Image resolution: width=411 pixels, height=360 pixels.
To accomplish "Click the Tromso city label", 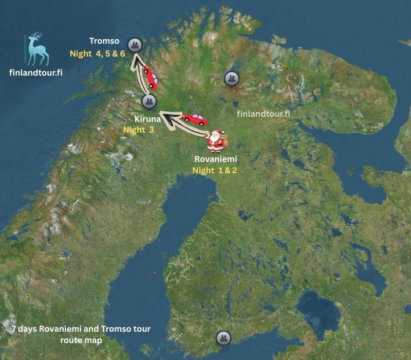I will point(104,41).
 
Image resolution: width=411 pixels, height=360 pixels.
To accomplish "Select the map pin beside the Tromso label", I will point(135,46).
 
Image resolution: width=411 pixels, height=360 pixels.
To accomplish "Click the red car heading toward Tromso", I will point(150,77).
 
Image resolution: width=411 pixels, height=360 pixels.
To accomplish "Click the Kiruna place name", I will point(148,119).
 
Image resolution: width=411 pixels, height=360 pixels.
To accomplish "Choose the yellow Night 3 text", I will point(139,130).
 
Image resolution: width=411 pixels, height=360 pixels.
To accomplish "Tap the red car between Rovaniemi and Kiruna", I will point(194,120).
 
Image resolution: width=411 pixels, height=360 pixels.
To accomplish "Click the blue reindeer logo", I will point(38,49).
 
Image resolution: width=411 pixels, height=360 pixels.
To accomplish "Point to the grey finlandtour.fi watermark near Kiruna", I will point(263,114).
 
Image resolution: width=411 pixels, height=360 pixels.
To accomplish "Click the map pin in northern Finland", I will point(232,79).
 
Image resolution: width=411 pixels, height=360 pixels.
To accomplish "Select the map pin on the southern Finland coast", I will point(222,338).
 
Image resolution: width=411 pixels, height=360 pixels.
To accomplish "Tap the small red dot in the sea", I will point(155,273).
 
